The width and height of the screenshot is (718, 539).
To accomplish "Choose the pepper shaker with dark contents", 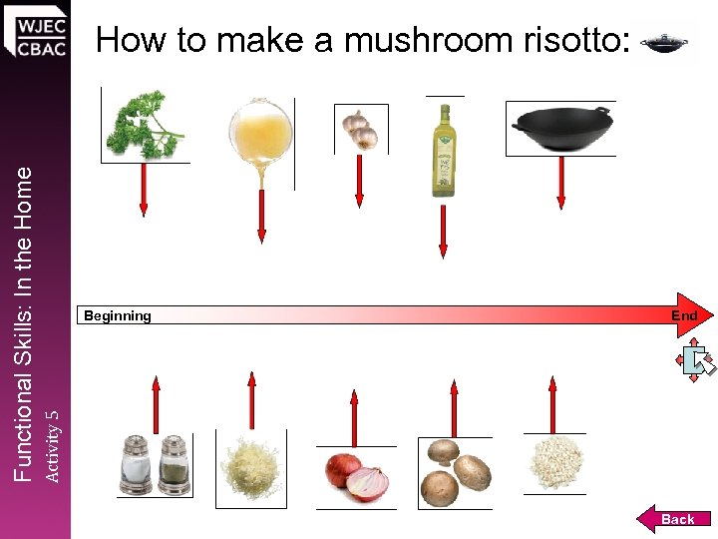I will click(173, 464).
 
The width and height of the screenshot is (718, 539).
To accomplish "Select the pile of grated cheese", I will click(251, 465).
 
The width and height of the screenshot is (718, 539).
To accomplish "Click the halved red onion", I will click(355, 477).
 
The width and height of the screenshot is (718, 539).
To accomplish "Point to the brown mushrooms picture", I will click(454, 472).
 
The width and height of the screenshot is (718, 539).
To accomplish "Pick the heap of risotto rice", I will click(554, 463).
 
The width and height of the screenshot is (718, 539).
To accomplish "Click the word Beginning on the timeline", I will click(118, 316).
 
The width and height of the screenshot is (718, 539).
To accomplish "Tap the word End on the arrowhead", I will click(684, 315).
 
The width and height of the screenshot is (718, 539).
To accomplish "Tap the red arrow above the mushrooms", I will click(454, 407).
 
